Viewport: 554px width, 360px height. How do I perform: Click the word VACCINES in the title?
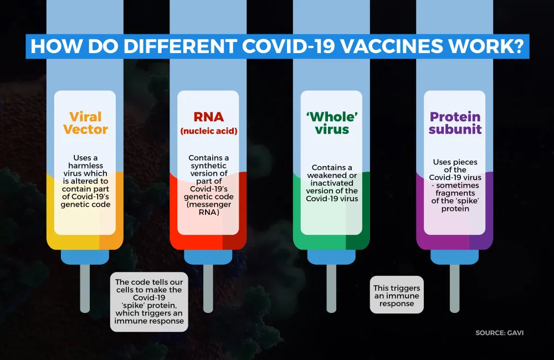click(x=392, y=47)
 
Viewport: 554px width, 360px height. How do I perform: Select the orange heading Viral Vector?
click(x=85, y=123)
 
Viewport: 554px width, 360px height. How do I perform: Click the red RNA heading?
click(x=208, y=117)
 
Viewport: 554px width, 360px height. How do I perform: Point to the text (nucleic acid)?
click(x=208, y=131)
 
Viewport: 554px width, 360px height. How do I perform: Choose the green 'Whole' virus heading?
click(x=332, y=123)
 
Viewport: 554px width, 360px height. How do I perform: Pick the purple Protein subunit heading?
click(x=455, y=123)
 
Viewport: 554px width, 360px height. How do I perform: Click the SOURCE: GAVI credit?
click(x=499, y=333)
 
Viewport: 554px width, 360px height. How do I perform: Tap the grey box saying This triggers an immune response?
click(x=397, y=295)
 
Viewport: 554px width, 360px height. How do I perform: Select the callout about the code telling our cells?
click(x=149, y=302)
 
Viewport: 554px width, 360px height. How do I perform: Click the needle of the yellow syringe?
click(x=85, y=289)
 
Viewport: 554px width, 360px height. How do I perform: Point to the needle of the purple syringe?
click(x=455, y=289)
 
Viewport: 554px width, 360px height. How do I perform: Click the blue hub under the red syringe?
click(x=208, y=257)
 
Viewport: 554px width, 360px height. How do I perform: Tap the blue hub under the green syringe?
click(x=331, y=257)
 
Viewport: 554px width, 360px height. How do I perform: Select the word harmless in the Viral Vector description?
click(x=85, y=166)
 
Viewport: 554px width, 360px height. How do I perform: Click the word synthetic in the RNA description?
click(x=208, y=166)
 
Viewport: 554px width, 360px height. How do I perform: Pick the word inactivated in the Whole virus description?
click(x=332, y=183)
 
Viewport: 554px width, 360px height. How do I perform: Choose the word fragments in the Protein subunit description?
click(x=455, y=193)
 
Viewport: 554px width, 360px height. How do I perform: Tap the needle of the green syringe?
click(x=331, y=289)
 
